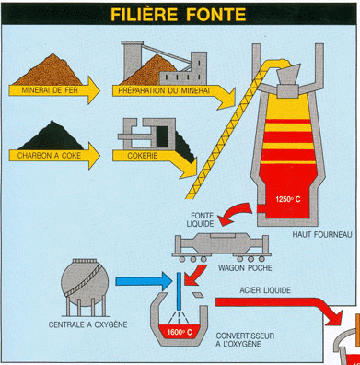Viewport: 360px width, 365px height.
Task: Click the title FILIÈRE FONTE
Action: click(x=179, y=14)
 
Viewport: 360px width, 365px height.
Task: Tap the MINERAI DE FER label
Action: click(x=50, y=90)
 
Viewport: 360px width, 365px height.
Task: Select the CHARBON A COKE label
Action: click(x=49, y=156)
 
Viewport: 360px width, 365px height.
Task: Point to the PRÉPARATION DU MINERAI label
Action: click(x=164, y=90)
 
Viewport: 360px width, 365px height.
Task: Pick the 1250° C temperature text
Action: click(x=288, y=199)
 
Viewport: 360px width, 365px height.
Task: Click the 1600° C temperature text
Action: click(x=180, y=332)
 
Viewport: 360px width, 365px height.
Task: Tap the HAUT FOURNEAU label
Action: click(x=322, y=235)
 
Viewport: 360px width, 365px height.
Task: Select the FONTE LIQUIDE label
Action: click(x=200, y=219)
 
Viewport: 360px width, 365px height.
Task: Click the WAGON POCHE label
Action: click(x=245, y=268)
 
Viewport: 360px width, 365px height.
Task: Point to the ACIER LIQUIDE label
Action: click(x=265, y=290)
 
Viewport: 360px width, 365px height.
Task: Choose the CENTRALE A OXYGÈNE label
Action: click(x=87, y=324)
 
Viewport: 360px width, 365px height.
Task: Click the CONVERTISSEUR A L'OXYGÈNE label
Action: click(x=245, y=339)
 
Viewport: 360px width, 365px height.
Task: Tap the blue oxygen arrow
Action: click(x=144, y=281)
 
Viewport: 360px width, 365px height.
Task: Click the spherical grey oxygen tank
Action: click(x=85, y=283)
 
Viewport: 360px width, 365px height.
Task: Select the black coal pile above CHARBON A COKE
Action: click(x=52, y=136)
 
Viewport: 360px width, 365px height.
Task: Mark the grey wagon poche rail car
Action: click(x=221, y=247)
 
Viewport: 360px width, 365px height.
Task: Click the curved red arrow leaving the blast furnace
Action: click(x=236, y=213)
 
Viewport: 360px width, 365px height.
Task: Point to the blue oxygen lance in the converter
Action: click(x=179, y=291)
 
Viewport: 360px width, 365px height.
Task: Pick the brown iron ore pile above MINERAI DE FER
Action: click(x=49, y=71)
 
